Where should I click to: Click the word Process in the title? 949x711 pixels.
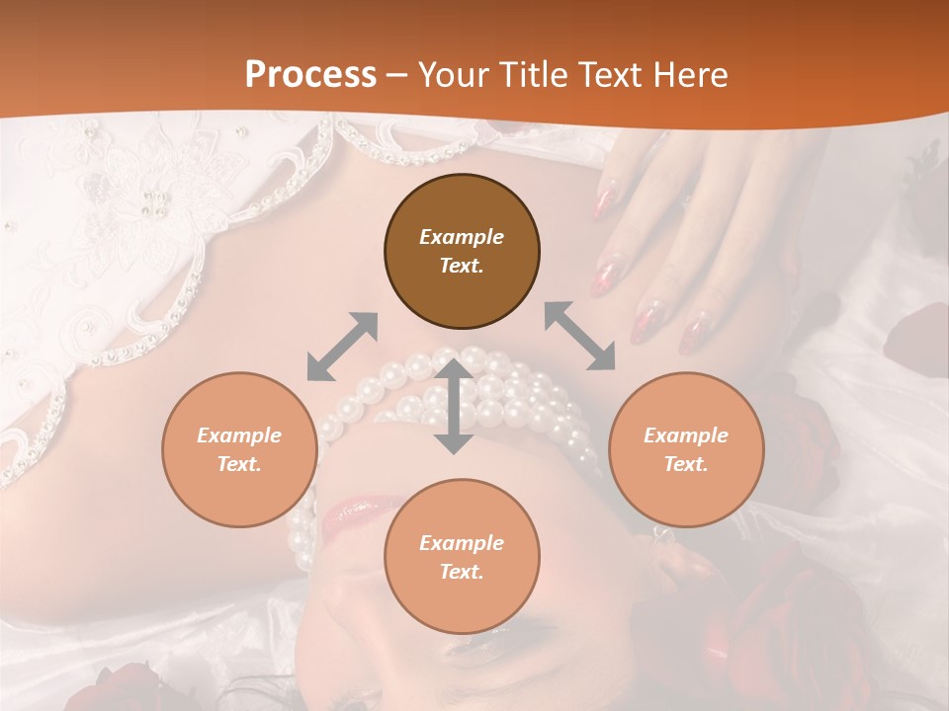point(310,75)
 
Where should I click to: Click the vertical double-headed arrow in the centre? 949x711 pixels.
point(454,406)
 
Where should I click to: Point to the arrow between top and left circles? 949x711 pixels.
point(342,347)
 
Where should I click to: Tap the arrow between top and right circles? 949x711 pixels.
point(579,336)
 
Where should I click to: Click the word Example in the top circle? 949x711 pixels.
point(462,237)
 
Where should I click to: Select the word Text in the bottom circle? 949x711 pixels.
point(462,572)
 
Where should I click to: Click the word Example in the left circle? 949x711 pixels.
point(239,435)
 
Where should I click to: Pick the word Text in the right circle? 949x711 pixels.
point(686,464)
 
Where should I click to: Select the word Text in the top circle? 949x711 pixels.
point(462,266)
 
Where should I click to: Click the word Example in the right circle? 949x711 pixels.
point(686,435)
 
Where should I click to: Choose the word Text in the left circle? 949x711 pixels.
point(239,464)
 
